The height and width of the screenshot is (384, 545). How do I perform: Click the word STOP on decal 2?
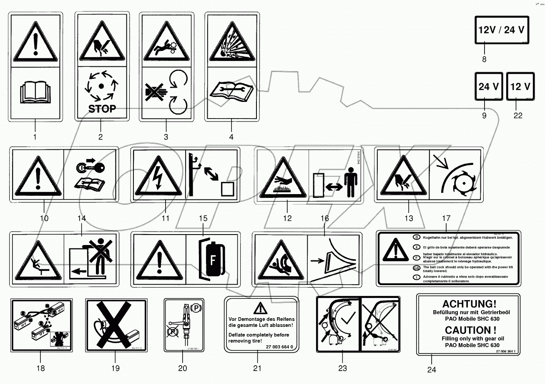point(102,109)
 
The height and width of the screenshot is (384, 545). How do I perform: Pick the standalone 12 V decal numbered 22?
point(520,87)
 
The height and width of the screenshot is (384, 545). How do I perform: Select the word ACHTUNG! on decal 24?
point(468,304)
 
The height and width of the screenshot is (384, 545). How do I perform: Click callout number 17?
point(446,218)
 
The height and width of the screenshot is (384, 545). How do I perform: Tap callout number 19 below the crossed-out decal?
point(115,368)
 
